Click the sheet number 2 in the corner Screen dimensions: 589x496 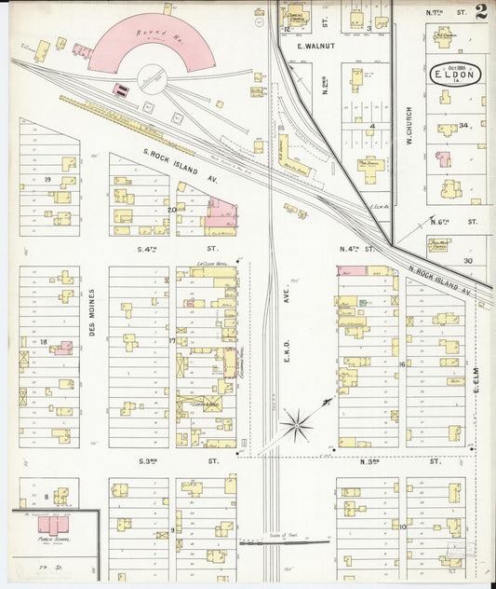click(479, 12)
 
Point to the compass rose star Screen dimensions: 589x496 click(297, 425)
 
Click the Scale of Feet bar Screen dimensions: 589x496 click(284, 542)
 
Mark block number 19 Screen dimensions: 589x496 click(46, 179)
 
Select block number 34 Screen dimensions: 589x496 click(462, 125)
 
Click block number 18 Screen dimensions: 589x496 click(43, 342)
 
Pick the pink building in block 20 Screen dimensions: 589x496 click(221, 216)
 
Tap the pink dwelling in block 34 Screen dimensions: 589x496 click(444, 159)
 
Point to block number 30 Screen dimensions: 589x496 click(468, 261)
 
